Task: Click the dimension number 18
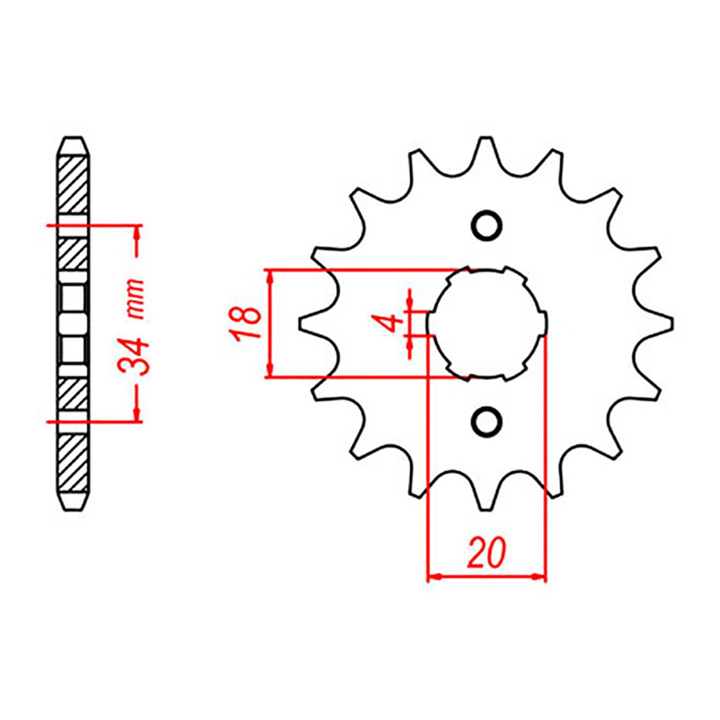pyautogui.click(x=245, y=323)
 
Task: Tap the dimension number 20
pyautogui.click(x=486, y=552)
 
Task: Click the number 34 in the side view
pyautogui.click(x=133, y=358)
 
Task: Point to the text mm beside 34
pyautogui.click(x=135, y=299)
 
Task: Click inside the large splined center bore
pyautogui.click(x=486, y=323)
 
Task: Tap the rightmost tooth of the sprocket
pyautogui.click(x=670, y=323)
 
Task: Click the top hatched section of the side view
pyautogui.click(x=73, y=184)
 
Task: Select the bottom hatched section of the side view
pyautogui.click(x=73, y=463)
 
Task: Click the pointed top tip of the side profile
pyautogui.click(x=73, y=139)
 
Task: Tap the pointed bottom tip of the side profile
pyautogui.click(x=73, y=508)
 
